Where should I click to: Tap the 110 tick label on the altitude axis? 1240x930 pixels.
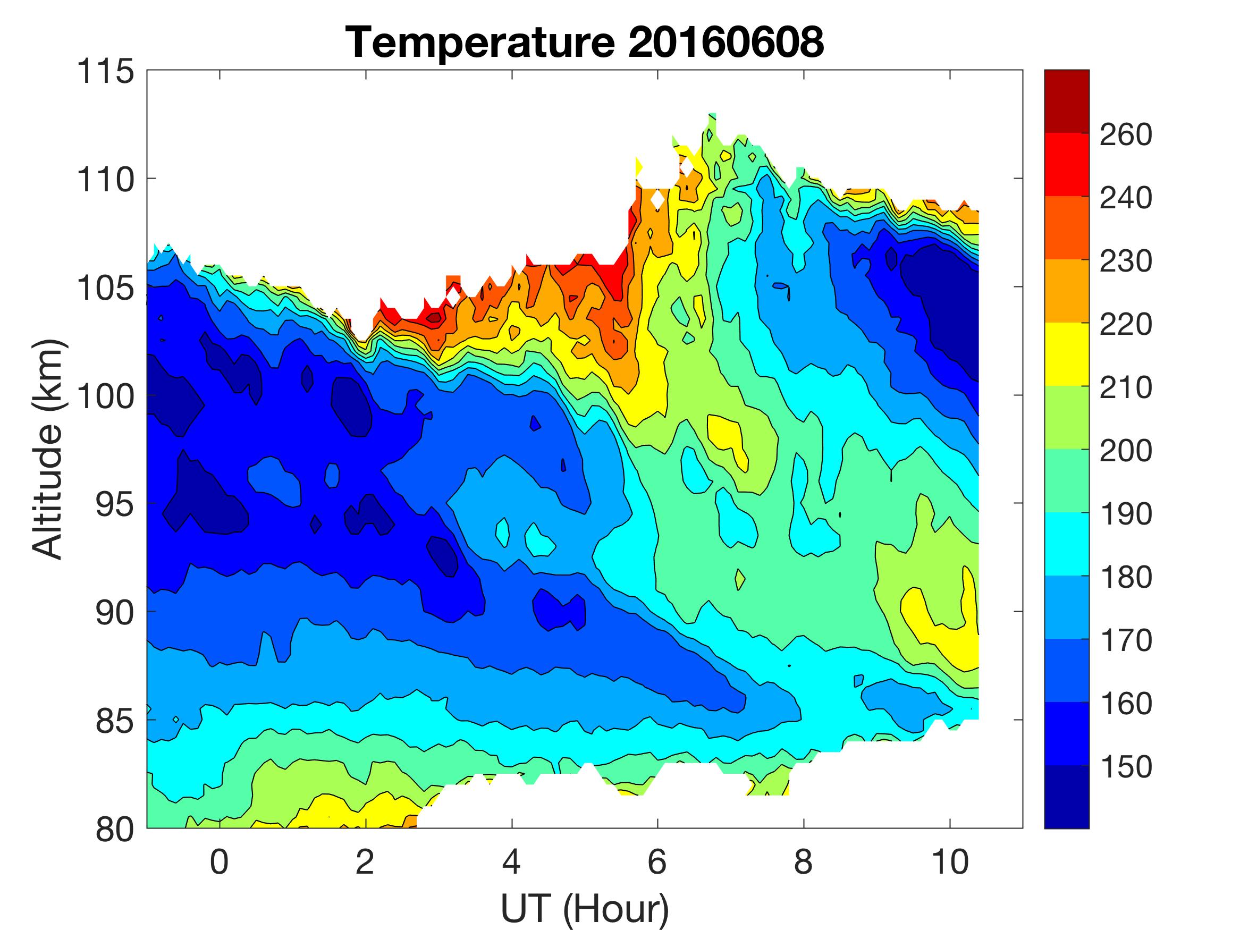[105, 180]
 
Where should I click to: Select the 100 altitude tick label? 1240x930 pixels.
[105, 397]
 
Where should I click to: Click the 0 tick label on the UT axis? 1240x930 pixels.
[219, 861]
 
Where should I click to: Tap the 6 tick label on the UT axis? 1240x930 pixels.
[657, 861]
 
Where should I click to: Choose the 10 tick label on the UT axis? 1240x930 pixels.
[950, 861]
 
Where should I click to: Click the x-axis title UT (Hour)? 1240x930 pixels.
[584, 908]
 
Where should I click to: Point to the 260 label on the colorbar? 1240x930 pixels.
[1126, 134]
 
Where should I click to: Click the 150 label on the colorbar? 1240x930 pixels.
[1126, 766]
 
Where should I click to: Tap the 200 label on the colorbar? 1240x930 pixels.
[1126, 450]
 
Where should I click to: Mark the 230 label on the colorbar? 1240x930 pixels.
[1126, 261]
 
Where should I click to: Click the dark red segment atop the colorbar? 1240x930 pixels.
[1066, 101]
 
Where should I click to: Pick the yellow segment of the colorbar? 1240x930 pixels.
[1066, 354]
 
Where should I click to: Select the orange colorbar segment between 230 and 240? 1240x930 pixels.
[1066, 227]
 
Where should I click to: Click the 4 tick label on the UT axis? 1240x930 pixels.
[511, 861]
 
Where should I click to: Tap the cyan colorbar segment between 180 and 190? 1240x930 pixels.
[1066, 543]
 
